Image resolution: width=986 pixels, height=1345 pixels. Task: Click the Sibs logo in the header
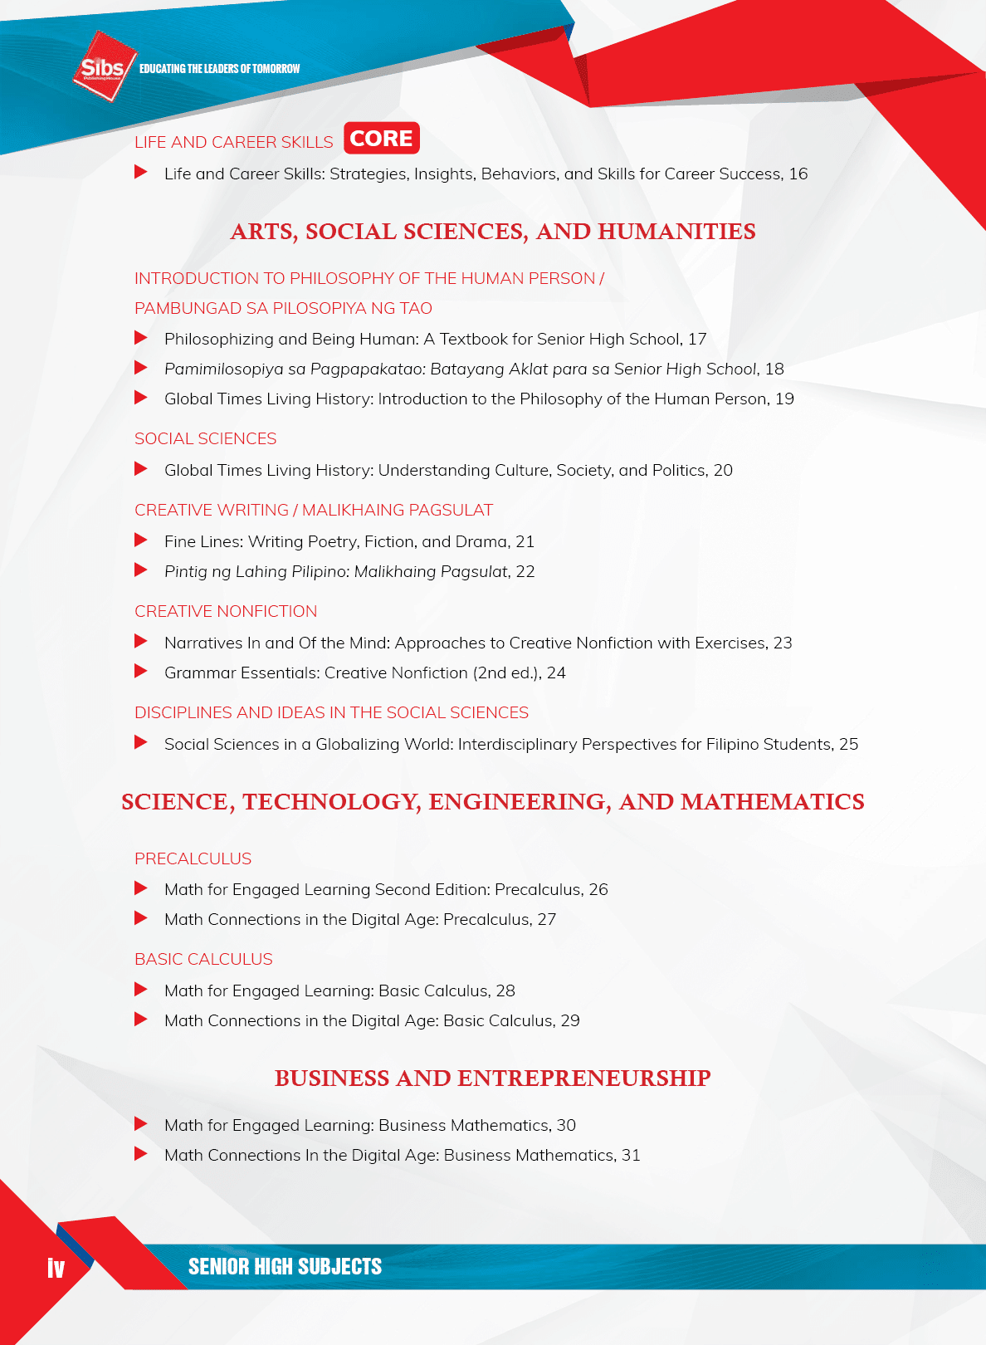click(x=103, y=66)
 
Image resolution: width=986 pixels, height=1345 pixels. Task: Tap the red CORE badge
click(x=382, y=138)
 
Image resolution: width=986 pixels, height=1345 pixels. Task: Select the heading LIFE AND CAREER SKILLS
click(x=233, y=142)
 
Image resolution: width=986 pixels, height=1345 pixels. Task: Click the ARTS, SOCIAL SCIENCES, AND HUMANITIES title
click(x=493, y=232)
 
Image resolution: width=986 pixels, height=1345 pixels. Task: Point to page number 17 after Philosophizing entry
click(x=697, y=339)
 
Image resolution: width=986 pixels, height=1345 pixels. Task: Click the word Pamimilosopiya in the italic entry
click(x=223, y=369)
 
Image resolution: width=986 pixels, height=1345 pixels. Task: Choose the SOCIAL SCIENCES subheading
click(x=205, y=438)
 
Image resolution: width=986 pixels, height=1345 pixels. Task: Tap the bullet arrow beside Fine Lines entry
click(x=141, y=540)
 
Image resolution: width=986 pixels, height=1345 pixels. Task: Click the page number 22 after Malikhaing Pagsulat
click(x=525, y=571)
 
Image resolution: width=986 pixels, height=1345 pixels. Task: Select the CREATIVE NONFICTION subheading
click(x=226, y=611)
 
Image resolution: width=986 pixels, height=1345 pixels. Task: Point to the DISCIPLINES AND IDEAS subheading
click(x=331, y=712)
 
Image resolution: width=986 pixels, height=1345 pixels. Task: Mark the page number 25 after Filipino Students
click(x=848, y=744)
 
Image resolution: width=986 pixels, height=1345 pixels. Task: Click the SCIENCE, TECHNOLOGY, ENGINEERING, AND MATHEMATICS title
click(x=493, y=802)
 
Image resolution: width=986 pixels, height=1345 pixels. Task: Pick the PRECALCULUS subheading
click(x=193, y=858)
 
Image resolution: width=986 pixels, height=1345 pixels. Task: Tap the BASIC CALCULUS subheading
click(x=203, y=959)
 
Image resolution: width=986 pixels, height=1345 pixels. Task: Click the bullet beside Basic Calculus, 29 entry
click(x=141, y=1020)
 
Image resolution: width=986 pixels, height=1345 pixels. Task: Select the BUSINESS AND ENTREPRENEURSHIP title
click(x=493, y=1078)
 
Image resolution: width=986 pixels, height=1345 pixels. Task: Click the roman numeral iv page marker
click(x=56, y=1268)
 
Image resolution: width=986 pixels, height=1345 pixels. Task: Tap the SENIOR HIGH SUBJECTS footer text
click(x=285, y=1266)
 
